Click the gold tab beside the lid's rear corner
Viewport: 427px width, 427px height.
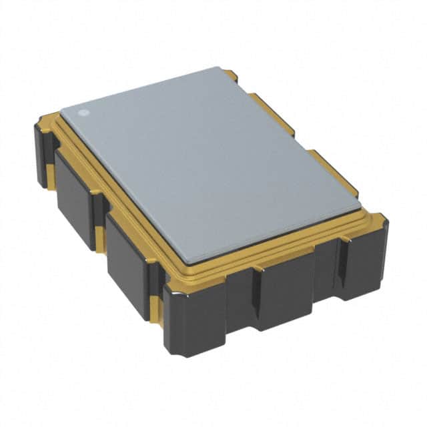point(230,75)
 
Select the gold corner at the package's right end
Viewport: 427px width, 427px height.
point(377,220)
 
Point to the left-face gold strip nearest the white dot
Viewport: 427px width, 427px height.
point(51,170)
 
